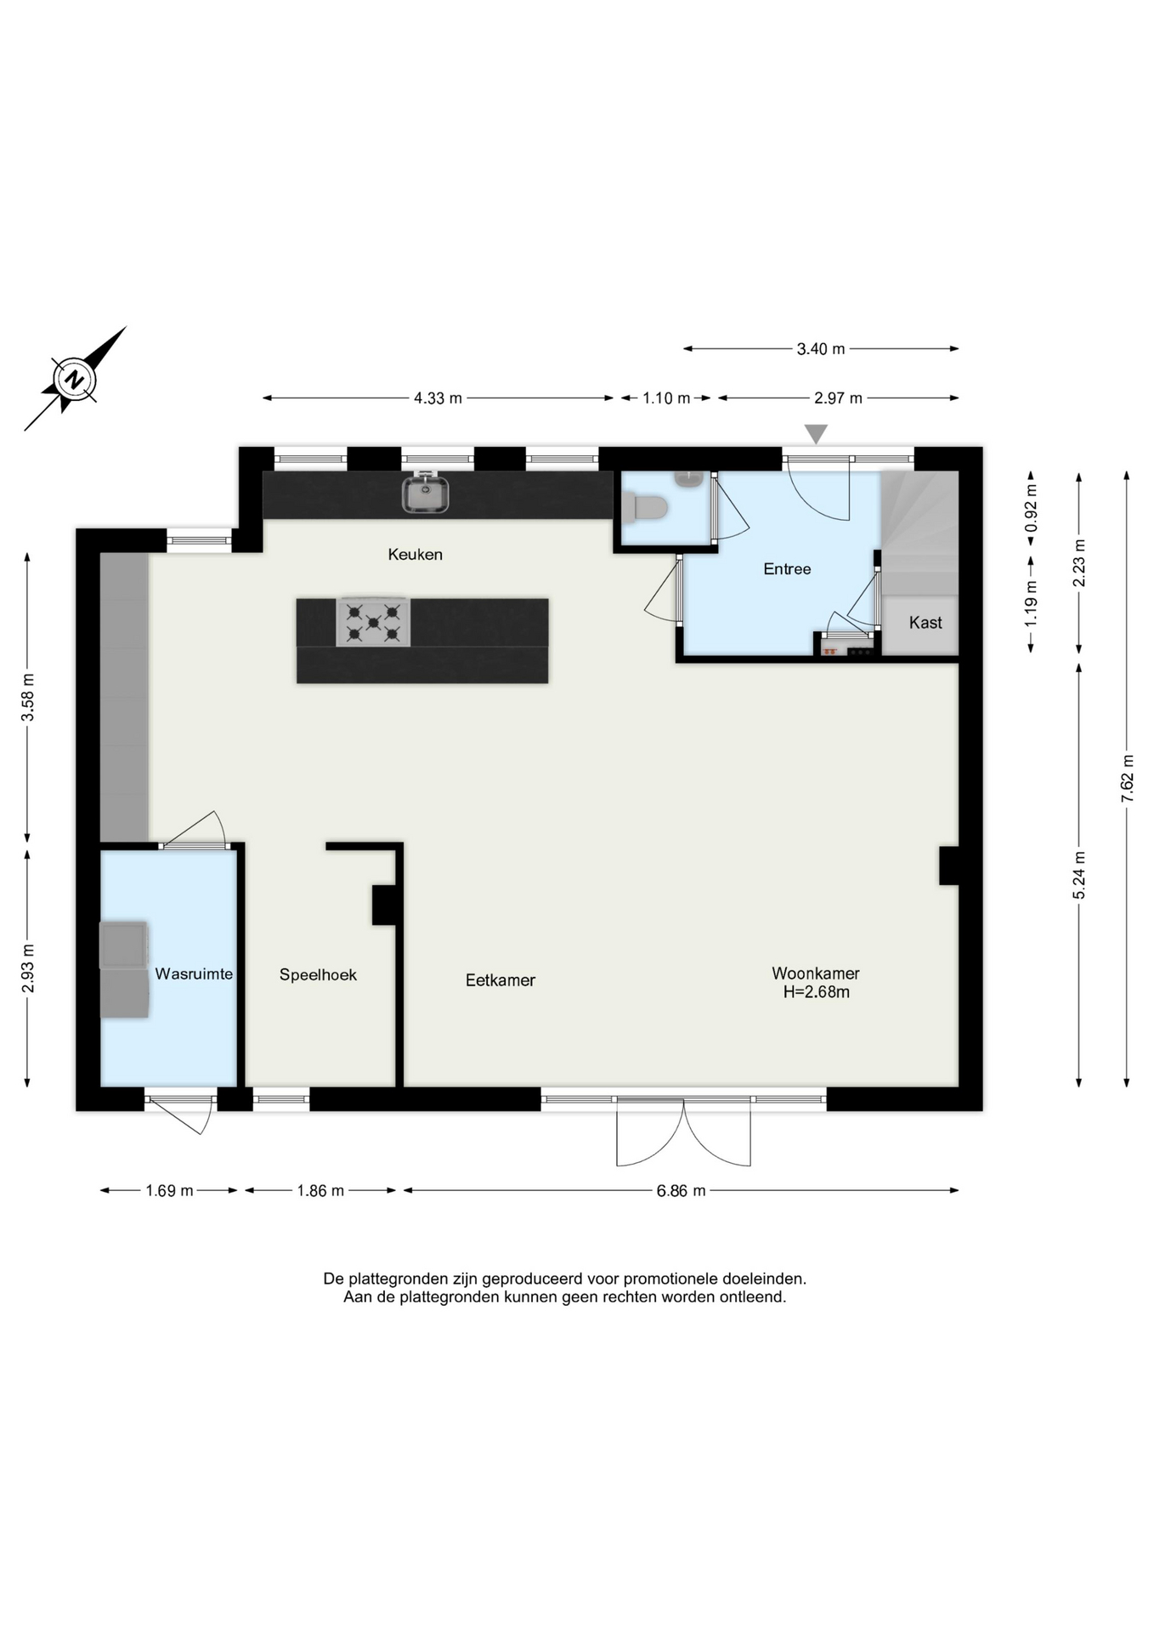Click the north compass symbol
(75, 379)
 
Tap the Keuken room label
(415, 555)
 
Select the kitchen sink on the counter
(426, 493)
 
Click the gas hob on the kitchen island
(373, 622)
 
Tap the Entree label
(787, 569)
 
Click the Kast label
(925, 623)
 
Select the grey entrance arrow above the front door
(816, 434)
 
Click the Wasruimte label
(194, 974)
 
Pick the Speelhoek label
(318, 975)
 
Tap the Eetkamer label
(501, 980)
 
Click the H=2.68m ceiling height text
(817, 992)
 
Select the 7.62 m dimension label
(1127, 778)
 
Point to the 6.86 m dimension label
(681, 1191)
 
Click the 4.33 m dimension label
(438, 398)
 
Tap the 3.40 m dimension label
(821, 349)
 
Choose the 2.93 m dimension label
(28, 968)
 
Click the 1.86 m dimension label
(320, 1191)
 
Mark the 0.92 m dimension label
(1032, 508)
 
